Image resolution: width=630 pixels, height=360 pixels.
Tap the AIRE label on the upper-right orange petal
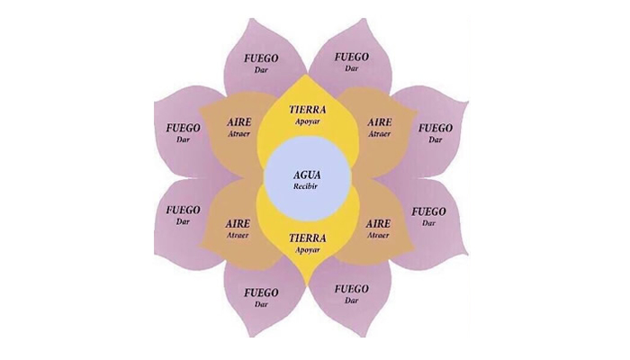pyautogui.click(x=380, y=121)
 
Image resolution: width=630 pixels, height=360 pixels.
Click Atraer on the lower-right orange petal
pyautogui.click(x=379, y=234)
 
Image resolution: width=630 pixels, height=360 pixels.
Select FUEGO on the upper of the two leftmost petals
pyautogui.click(x=184, y=128)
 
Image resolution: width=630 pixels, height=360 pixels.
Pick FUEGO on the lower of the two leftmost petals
pyautogui.click(x=184, y=209)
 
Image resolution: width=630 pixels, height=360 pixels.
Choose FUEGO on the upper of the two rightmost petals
pyautogui.click(x=436, y=128)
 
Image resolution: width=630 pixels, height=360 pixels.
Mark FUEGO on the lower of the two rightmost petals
pyautogui.click(x=428, y=211)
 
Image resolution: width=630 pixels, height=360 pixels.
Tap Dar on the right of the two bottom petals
pyautogui.click(x=351, y=302)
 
